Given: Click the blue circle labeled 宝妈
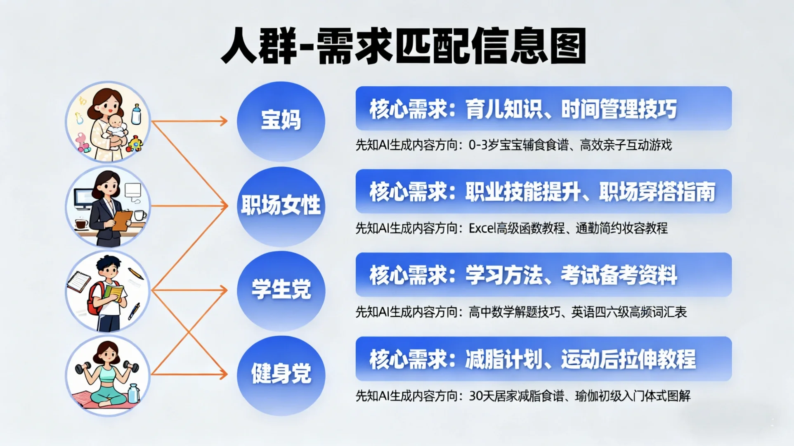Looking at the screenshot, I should pyautogui.click(x=281, y=121).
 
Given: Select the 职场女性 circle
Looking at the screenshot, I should pyautogui.click(x=281, y=206).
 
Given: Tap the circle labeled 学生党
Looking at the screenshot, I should pyautogui.click(x=281, y=290).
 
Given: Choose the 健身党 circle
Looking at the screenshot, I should pyautogui.click(x=281, y=375).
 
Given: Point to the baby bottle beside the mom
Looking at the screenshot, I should pyautogui.click(x=136, y=114).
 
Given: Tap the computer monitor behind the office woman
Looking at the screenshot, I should pyautogui.click(x=83, y=198).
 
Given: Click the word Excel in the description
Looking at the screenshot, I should pyautogui.click(x=482, y=228).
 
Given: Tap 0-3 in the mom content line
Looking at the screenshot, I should pyautogui.click(x=478, y=145).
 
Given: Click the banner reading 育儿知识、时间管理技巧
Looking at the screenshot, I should pyautogui.click(x=543, y=109).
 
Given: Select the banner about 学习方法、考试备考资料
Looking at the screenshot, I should pyautogui.click(x=543, y=275).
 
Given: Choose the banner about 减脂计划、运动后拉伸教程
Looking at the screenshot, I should pyautogui.click(x=543, y=359).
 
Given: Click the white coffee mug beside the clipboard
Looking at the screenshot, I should pyautogui.click(x=139, y=215).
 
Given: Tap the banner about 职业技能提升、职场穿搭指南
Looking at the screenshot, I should pyautogui.click(x=543, y=192).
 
